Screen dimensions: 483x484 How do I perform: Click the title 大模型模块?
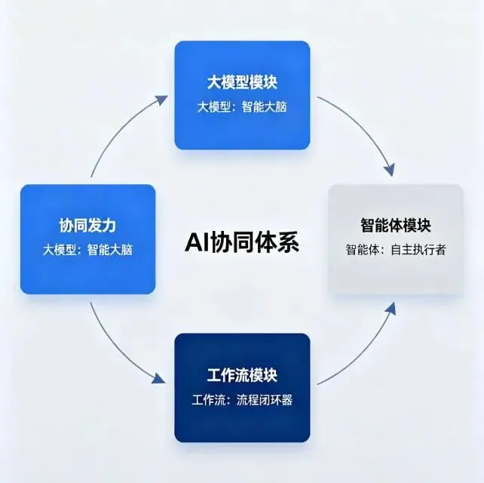pos(242,82)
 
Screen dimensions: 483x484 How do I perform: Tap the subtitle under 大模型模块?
pos(242,106)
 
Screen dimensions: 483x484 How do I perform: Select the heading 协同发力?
pos(87,224)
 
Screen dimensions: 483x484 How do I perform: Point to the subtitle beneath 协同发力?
pos(87,249)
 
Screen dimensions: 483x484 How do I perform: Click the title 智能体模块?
pos(395,224)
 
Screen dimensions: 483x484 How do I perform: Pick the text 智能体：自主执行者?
pos(395,249)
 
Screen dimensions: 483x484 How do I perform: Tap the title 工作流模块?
pos(242,375)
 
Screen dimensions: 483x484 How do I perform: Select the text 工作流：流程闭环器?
pos(242,400)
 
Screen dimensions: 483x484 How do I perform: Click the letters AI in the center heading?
pos(195,243)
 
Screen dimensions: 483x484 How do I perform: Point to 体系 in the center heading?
pos(280,243)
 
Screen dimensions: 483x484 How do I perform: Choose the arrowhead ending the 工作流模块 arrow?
pos(391,309)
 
